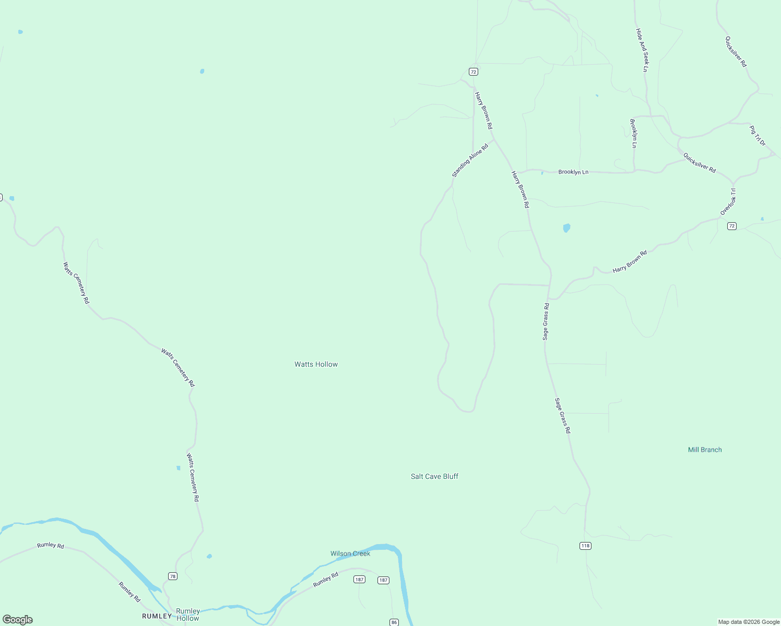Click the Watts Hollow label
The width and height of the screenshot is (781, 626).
(x=316, y=364)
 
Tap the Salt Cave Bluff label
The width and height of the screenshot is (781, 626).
(x=434, y=476)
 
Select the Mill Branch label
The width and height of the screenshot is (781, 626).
(x=705, y=450)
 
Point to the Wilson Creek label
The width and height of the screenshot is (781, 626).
(x=350, y=553)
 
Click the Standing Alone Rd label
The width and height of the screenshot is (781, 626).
(x=469, y=161)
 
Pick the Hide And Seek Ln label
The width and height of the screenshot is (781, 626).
(x=642, y=50)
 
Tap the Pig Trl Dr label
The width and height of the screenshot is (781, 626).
(x=757, y=136)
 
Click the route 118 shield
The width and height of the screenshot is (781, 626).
(x=585, y=546)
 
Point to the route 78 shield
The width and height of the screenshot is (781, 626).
(x=173, y=576)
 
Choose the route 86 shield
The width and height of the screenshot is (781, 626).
(x=394, y=622)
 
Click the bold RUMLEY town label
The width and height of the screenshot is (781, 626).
(x=157, y=616)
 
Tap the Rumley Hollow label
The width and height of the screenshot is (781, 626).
(x=188, y=615)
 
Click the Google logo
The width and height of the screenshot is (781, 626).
(x=18, y=620)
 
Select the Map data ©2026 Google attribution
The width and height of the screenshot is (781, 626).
(x=749, y=622)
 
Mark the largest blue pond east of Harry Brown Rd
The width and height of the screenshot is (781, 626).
(x=566, y=228)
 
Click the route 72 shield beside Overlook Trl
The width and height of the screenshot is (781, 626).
(x=732, y=226)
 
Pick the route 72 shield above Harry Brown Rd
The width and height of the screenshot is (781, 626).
(x=473, y=71)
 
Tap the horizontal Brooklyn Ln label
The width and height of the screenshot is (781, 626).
(x=573, y=172)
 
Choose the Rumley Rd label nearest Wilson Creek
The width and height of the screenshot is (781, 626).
(x=326, y=580)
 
